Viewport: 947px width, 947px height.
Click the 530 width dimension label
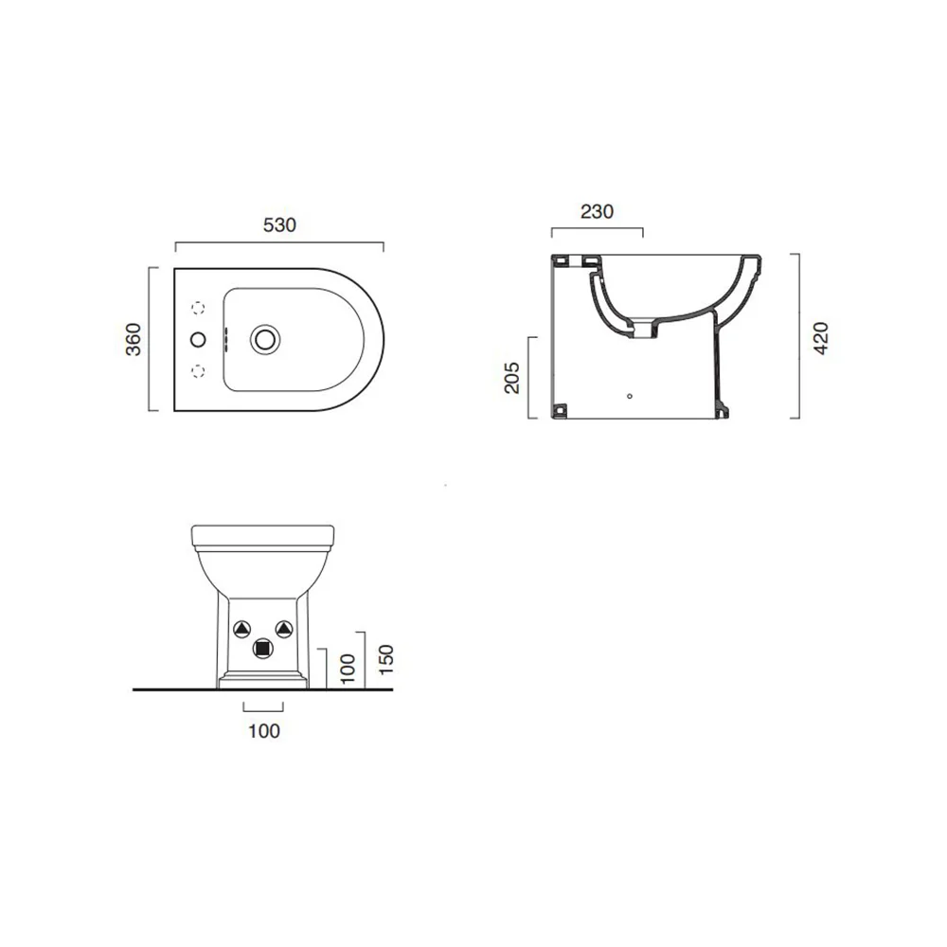pyautogui.click(x=279, y=225)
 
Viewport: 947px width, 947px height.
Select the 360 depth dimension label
pyautogui.click(x=134, y=339)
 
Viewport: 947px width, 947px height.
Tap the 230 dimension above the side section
pyautogui.click(x=597, y=211)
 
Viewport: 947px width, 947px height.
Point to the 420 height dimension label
pyautogui.click(x=821, y=338)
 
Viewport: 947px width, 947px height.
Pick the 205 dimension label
pyautogui.click(x=511, y=378)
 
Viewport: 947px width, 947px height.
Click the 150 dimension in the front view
pyautogui.click(x=385, y=660)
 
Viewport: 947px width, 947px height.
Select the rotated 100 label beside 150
pyautogui.click(x=348, y=669)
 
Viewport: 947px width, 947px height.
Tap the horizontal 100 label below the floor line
pyautogui.click(x=264, y=731)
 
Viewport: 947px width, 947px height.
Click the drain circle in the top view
pyautogui.click(x=265, y=339)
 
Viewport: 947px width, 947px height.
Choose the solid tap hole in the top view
pyautogui.click(x=198, y=339)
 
